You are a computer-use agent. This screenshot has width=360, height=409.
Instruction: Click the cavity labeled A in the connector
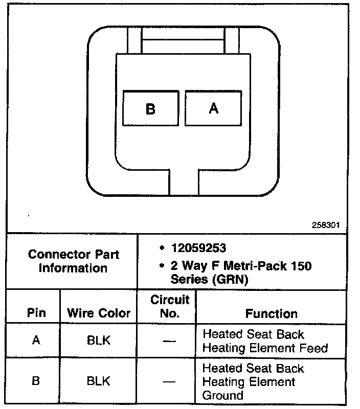[x=213, y=108]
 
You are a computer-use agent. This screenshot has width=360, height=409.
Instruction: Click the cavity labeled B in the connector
[x=151, y=109]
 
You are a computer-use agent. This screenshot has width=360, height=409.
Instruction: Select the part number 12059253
[x=198, y=248]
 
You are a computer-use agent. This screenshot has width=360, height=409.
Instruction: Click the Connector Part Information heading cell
[x=73, y=261]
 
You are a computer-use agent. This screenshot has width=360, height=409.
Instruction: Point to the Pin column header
[x=36, y=313]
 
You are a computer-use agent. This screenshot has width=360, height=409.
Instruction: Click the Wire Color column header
[x=99, y=313]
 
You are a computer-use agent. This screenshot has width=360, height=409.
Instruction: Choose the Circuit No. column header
[x=170, y=306]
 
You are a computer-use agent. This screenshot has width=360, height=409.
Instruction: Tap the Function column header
[x=271, y=313]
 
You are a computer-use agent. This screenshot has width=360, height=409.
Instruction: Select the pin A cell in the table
[x=36, y=340]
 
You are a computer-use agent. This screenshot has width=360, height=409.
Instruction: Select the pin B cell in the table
[x=36, y=381]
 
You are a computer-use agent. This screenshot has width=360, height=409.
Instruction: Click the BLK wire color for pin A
[x=99, y=340]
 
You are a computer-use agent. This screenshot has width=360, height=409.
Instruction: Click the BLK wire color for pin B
[x=99, y=381]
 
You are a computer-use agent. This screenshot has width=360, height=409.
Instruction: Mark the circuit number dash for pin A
[x=170, y=340]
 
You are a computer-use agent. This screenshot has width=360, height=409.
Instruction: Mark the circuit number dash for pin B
[x=170, y=381]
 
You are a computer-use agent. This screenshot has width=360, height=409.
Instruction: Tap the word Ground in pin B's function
[x=223, y=395]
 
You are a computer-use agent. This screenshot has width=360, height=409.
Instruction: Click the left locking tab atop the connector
[x=134, y=39]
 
